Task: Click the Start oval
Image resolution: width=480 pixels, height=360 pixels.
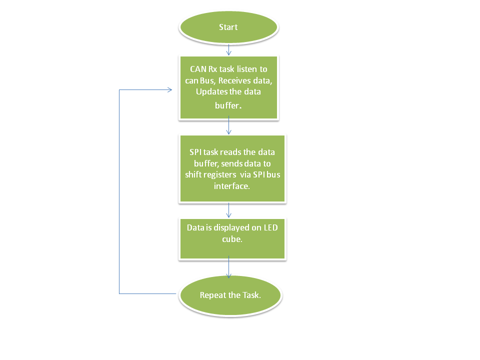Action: (228, 27)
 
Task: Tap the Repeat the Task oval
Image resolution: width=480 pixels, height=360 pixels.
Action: (230, 295)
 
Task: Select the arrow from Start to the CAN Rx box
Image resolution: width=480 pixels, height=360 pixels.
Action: (228, 49)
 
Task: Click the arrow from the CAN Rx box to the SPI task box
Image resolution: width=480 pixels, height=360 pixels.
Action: (228, 125)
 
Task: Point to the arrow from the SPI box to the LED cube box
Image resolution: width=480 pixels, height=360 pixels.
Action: (228, 210)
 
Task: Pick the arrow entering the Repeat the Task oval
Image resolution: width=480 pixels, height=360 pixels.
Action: (228, 267)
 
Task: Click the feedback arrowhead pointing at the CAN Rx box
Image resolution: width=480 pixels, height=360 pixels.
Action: (169, 89)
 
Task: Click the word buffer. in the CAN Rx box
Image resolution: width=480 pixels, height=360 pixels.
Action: (228, 105)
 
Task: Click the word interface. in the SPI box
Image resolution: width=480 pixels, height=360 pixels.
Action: (231, 186)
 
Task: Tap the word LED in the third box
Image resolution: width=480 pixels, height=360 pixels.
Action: (270, 228)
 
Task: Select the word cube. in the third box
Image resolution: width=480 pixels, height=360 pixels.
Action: (232, 239)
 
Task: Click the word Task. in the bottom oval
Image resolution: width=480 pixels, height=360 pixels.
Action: (251, 295)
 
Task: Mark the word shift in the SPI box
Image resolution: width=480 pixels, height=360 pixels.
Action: (192, 174)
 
